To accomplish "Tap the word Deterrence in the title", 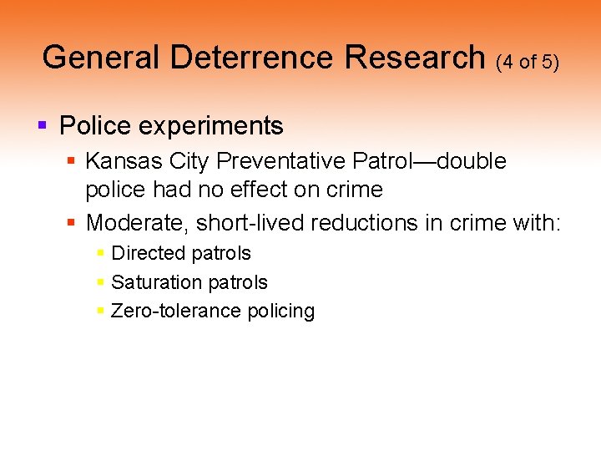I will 250,58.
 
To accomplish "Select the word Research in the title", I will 416,58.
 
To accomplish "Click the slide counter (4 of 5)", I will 527,62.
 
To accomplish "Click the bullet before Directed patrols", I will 100,253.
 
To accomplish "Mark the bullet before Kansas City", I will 72,160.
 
